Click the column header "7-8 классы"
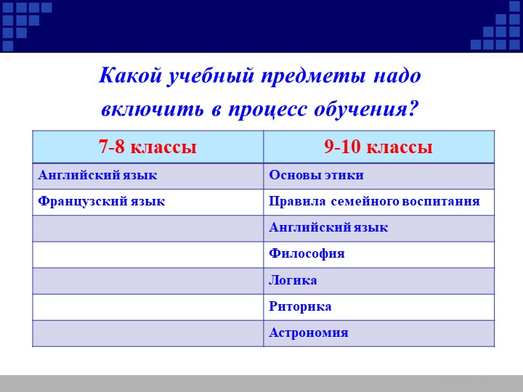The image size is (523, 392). click(147, 147)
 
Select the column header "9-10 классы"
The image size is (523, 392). click(378, 147)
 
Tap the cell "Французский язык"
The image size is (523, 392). click(102, 202)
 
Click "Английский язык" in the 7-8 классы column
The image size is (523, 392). click(97, 176)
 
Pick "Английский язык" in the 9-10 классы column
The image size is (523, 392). click(328, 228)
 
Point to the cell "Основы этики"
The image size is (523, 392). click(316, 176)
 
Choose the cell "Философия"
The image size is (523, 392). click(307, 253)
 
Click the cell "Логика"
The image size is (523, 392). click(293, 280)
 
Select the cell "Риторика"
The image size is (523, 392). click(300, 306)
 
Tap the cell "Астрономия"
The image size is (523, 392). click(309, 332)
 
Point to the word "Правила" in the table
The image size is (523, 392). click(297, 201)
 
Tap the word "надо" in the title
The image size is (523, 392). click(397, 76)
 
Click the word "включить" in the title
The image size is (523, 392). click(152, 109)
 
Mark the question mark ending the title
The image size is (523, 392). click(413, 108)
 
